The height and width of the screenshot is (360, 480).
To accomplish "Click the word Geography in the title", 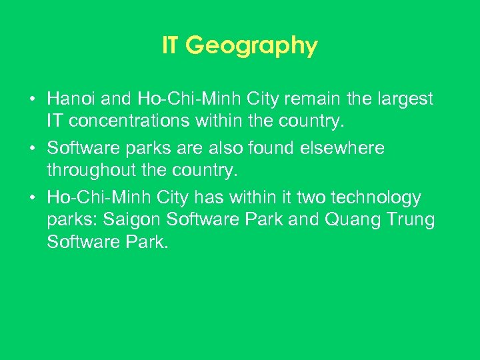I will pos(251,47).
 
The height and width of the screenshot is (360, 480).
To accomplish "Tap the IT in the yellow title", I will pos(171,45).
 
